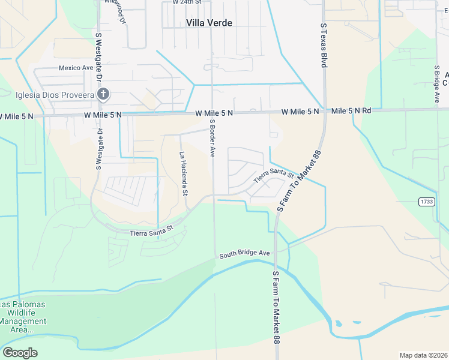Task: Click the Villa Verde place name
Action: pos(209,23)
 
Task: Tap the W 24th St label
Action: pos(187,2)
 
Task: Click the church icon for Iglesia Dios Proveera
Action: pos(103,94)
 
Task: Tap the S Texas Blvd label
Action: pos(323,45)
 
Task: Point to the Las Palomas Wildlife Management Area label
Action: pos(23,317)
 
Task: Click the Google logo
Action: pos(20,353)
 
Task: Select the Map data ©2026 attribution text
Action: pos(423,355)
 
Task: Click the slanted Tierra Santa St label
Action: pos(273,176)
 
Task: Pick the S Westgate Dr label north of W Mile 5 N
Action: pos(99,59)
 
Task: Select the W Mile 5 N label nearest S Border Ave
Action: pos(214,112)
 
